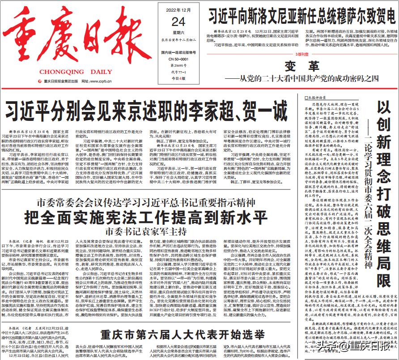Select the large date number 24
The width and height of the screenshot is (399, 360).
(x=178, y=21)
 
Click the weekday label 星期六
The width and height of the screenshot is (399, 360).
(x=178, y=33)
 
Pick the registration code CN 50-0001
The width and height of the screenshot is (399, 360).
(x=178, y=59)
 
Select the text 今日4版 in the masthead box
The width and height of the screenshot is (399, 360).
(x=178, y=78)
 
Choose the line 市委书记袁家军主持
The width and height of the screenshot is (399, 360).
(x=146, y=232)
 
